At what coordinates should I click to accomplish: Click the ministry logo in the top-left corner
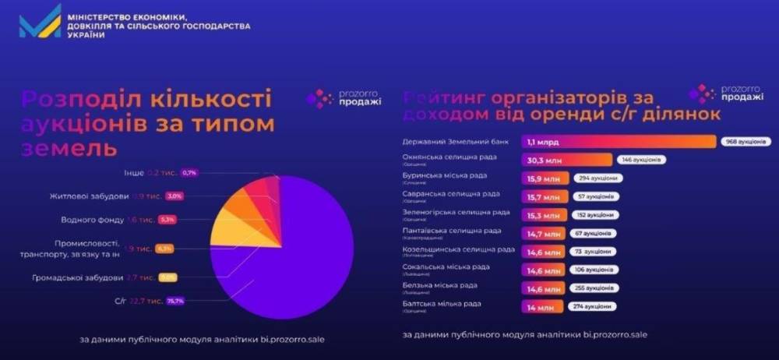[x=41, y=21]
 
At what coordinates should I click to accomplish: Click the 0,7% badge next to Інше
[x=189, y=172]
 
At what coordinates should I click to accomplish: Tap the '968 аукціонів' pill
[x=744, y=142]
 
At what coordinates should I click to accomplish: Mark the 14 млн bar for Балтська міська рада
[x=538, y=308]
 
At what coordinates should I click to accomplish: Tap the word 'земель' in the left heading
[x=69, y=147]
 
